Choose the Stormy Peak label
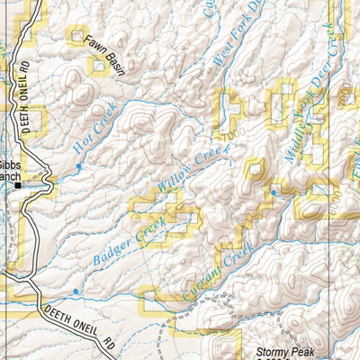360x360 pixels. (283, 353)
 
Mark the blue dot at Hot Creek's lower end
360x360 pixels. (78, 166)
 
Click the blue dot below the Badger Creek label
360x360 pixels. (76, 292)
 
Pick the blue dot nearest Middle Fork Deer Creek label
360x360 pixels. (273, 191)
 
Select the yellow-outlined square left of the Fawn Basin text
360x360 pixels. (76, 36)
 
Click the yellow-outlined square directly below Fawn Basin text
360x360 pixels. (97, 67)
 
